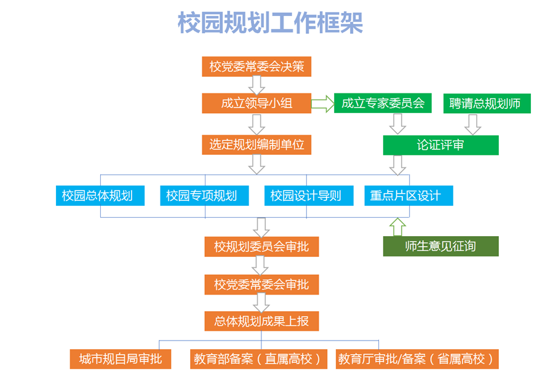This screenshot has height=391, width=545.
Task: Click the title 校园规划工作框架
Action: tap(270, 23)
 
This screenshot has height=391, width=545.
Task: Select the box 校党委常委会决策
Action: tap(257, 66)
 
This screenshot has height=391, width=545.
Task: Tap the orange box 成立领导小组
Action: tap(257, 103)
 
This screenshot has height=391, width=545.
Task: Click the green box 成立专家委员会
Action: tap(383, 103)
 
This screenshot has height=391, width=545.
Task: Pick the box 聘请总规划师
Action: tap(487, 103)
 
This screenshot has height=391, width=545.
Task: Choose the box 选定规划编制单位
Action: tap(257, 144)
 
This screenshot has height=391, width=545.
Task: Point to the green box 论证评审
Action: tap(440, 145)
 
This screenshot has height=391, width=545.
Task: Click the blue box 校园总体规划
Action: tap(100, 195)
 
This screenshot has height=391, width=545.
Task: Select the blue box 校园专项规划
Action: tap(204, 195)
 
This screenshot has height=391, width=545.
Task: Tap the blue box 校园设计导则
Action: tap(309, 195)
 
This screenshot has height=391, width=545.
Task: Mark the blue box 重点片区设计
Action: tap(408, 195)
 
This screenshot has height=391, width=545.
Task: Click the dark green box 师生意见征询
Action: tap(440, 246)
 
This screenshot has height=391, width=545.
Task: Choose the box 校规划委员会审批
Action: tap(261, 247)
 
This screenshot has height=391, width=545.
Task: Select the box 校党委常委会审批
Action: tap(261, 285)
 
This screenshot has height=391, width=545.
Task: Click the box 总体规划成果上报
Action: tap(261, 321)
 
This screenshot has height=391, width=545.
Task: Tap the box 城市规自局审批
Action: tap(121, 359)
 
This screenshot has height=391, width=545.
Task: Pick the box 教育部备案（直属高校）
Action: tap(258, 359)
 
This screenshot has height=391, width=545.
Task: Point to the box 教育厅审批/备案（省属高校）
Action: tap(417, 359)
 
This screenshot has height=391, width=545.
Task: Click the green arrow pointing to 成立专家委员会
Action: tap(322, 103)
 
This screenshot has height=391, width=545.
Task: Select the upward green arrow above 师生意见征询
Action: tap(397, 227)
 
